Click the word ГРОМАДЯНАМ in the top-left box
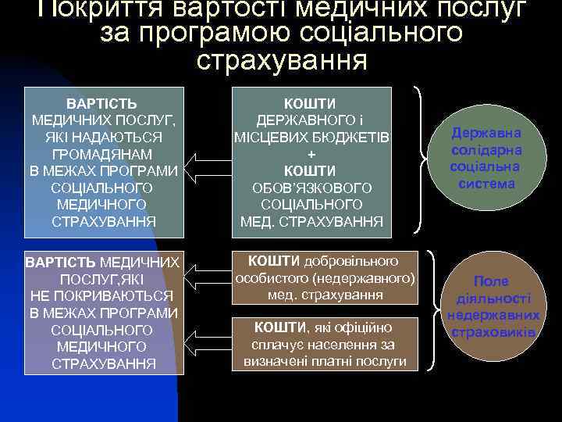coord(101,154)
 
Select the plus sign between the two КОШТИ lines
coord(311,154)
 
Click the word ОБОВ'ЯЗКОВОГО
coord(311,188)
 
